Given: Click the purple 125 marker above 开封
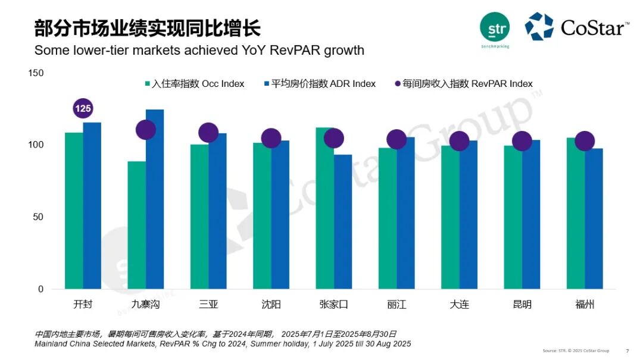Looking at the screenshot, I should coord(83,108).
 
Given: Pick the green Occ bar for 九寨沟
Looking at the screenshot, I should coord(136,226).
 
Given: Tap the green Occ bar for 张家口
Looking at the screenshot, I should coord(324,208).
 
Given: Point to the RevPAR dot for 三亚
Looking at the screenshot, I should coord(208,133).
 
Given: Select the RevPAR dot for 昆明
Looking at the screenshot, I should coord(522,141).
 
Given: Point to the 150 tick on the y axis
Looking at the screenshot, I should coord(36,73).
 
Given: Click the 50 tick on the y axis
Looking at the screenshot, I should coord(38,217).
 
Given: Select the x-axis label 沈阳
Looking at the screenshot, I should coord(271,305).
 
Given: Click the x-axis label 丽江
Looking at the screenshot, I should coord(397,305).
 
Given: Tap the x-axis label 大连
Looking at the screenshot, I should coord(459,305).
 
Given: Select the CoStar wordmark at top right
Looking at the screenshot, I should coord(594,27).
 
